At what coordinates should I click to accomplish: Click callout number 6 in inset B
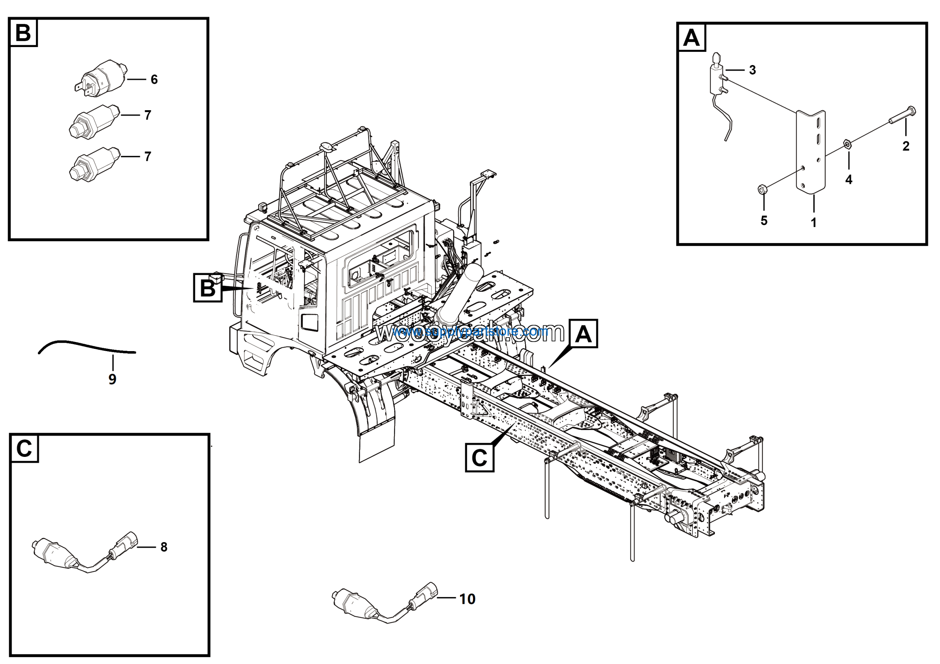coord(154,79)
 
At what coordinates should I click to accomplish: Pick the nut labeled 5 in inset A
coord(762,189)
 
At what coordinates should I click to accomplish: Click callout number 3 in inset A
coord(752,70)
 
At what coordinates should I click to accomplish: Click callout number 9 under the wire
coord(113,379)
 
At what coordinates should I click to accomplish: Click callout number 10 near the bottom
coord(467,599)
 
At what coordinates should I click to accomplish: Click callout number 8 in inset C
coord(164,547)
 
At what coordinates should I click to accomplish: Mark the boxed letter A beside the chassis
coord(583,334)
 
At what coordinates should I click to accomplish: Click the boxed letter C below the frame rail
coord(480,458)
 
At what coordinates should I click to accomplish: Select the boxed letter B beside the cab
coord(207,288)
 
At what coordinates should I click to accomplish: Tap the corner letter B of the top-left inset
coord(23,33)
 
